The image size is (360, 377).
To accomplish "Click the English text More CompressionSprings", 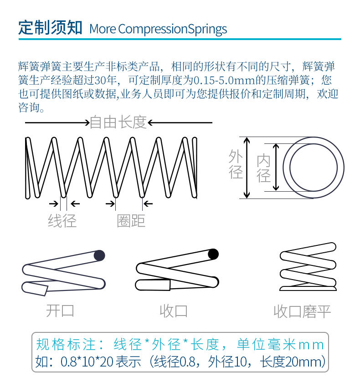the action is [x=158, y=29].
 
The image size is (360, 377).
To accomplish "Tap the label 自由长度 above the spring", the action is [x=118, y=122].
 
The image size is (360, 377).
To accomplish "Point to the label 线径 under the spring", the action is [x=62, y=221].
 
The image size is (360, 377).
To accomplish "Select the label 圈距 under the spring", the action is [x=131, y=221].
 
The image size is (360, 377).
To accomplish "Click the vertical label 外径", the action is [x=236, y=164].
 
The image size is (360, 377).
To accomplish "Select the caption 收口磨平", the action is [x=302, y=311].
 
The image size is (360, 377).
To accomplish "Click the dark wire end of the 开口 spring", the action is [x=99, y=255].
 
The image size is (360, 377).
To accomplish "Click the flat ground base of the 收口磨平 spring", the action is [x=308, y=288].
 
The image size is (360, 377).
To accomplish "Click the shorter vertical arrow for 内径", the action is [x=276, y=168].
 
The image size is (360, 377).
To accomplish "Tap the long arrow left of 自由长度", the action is [x=57, y=122].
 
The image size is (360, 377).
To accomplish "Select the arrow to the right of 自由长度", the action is [x=180, y=122].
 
